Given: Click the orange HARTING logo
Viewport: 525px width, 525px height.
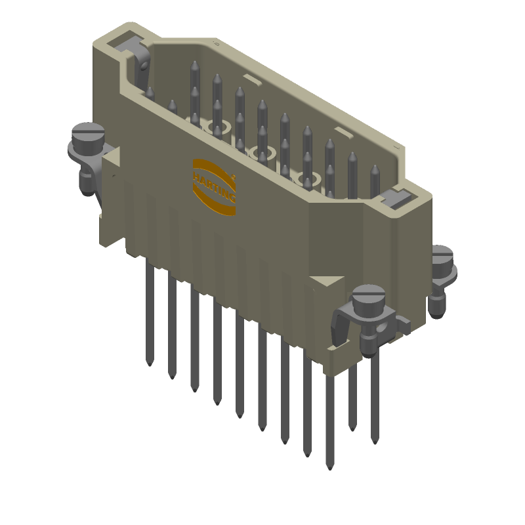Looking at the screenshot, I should tap(213, 186).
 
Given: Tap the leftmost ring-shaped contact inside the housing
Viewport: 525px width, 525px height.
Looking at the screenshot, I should tap(213, 125).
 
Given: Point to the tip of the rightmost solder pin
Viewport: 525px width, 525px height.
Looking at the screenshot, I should tap(374, 442).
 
